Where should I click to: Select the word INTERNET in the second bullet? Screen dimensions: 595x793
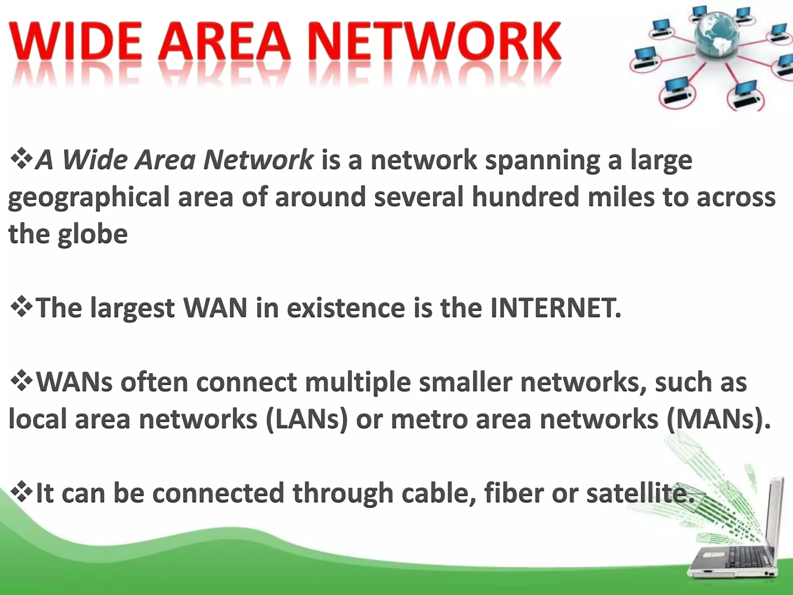[555, 308]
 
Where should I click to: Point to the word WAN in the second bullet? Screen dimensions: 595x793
[215, 308]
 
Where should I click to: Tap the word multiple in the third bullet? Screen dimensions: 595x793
[358, 382]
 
